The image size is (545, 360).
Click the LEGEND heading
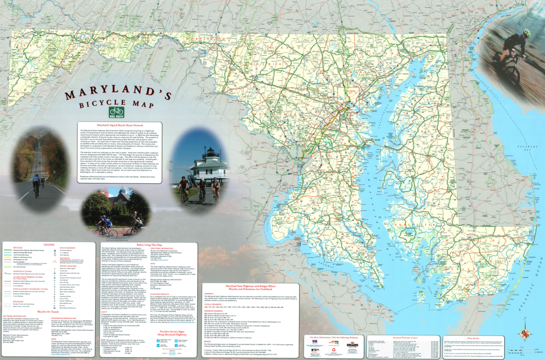point(49,245)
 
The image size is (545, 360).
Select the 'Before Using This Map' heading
point(149,245)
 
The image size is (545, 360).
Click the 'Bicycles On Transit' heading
point(48,312)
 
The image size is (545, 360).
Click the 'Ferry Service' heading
point(473,338)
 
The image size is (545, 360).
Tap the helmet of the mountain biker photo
point(527,33)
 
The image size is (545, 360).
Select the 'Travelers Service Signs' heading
point(172,333)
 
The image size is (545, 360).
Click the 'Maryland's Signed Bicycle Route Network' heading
point(120,125)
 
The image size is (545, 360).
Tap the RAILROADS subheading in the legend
point(18,301)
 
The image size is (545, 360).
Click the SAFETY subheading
point(104,312)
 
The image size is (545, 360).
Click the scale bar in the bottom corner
point(523,350)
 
